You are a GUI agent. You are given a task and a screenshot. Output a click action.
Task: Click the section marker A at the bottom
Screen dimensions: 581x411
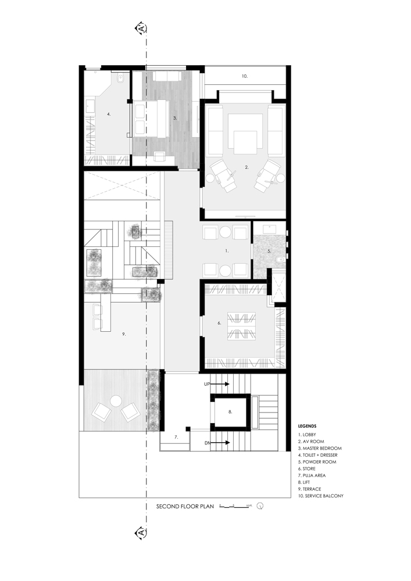(x=140, y=532)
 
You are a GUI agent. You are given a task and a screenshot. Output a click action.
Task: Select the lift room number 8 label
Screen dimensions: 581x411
(x=230, y=412)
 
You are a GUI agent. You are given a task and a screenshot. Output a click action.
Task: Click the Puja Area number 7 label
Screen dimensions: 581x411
(x=176, y=436)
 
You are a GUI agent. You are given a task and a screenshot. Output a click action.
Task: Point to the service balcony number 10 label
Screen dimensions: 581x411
(x=245, y=76)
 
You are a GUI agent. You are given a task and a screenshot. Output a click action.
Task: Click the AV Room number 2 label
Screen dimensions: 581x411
(x=246, y=167)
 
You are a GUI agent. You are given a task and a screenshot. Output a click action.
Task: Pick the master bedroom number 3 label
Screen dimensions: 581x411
(x=174, y=118)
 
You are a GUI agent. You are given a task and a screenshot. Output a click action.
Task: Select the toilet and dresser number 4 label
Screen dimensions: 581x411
(x=108, y=114)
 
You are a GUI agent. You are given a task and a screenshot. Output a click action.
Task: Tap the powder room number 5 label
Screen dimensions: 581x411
(x=269, y=252)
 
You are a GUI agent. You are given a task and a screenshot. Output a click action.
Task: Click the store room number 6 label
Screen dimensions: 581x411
(x=219, y=323)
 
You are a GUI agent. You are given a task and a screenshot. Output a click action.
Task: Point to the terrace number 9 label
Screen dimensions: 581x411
(x=124, y=334)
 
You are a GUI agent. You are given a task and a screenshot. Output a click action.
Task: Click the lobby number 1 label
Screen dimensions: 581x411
(x=227, y=250)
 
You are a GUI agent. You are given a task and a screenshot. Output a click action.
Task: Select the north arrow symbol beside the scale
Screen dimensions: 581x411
(x=260, y=506)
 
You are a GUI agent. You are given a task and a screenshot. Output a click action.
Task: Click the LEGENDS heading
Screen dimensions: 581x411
(x=308, y=426)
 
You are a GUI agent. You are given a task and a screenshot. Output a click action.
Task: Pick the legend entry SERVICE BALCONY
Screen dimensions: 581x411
(x=321, y=496)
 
